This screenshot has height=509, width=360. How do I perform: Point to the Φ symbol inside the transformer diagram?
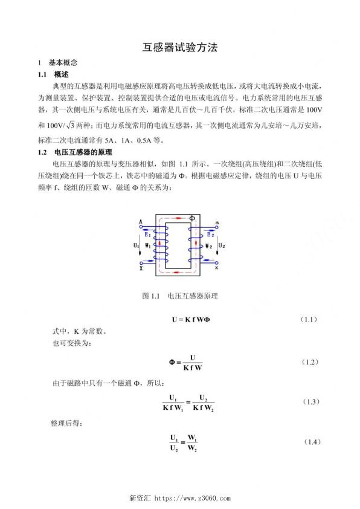193,216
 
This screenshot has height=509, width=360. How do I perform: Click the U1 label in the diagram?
137,245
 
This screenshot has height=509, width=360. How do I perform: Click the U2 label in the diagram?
222,245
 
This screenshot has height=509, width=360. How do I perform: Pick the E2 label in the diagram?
210,235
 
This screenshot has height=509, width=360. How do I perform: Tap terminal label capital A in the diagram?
140,222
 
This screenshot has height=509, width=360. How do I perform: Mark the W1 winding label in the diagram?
147,246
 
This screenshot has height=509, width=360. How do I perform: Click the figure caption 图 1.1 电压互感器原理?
180,296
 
